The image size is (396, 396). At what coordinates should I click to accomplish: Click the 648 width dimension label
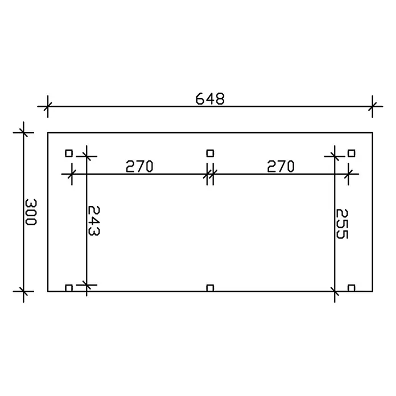[x=210, y=99]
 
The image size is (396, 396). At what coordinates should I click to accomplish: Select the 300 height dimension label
[x=31, y=212]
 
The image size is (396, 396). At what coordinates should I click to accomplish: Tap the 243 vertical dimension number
[x=94, y=221]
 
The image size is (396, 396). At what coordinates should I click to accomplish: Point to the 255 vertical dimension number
[x=342, y=224]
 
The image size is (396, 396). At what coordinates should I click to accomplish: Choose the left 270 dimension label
[x=139, y=166]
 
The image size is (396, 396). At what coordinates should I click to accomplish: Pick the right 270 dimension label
[x=280, y=166]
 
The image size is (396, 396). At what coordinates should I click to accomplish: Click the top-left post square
[x=69, y=153]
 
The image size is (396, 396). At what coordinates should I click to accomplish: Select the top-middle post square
[x=210, y=153]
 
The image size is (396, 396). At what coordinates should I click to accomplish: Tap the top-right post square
[x=351, y=153]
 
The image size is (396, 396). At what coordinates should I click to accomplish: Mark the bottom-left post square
[x=69, y=288]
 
